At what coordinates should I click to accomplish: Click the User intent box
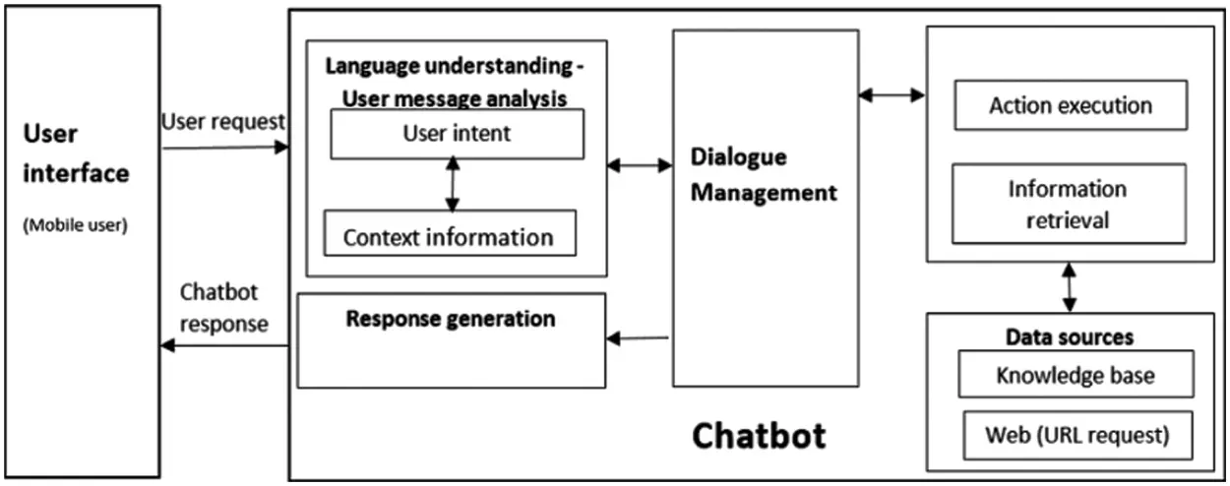[x=457, y=134]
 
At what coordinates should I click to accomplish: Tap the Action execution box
[x=1071, y=105]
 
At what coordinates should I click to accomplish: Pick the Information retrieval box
[x=1068, y=204]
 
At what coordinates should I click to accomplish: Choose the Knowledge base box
[x=1075, y=375]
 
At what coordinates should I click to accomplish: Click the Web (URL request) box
[x=1076, y=435]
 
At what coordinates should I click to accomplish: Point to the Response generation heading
[x=451, y=319]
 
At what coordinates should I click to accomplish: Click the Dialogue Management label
[x=763, y=175]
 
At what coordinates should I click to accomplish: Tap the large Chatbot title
[x=759, y=435]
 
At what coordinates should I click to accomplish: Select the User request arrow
[x=225, y=148]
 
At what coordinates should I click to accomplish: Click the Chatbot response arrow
[x=225, y=345]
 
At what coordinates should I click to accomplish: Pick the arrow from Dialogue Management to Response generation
[x=639, y=339]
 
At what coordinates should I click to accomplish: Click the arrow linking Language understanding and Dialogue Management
[x=639, y=166]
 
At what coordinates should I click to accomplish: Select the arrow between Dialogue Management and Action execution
[x=892, y=95]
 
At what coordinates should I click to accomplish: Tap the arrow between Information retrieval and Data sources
[x=1069, y=287]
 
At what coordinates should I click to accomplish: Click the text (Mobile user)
[x=74, y=223]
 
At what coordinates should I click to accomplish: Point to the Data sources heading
[x=1069, y=337]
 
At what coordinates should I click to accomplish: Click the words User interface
[x=76, y=153]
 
